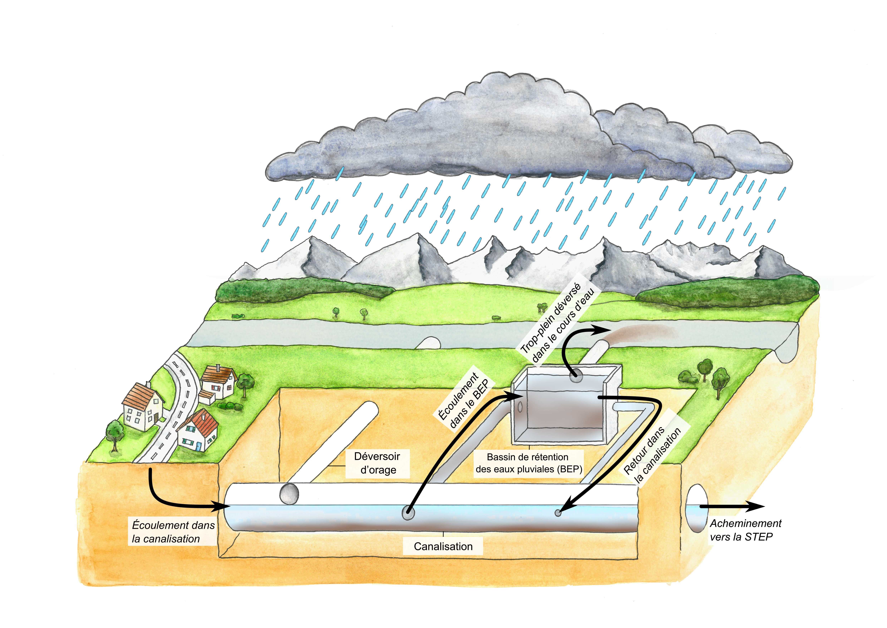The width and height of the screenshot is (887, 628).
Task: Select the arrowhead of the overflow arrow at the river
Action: click(x=601, y=330)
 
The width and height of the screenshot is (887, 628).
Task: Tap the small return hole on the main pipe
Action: click(x=558, y=513)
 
